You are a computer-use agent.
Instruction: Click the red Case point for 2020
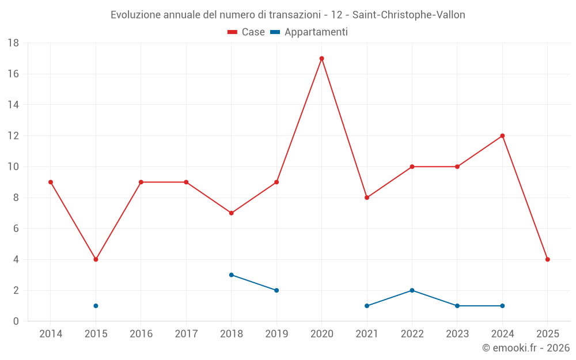click(x=321, y=58)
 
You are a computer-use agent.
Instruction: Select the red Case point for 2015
click(x=96, y=259)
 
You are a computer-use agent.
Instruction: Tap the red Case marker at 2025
click(x=547, y=259)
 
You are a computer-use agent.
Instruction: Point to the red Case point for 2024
click(x=502, y=136)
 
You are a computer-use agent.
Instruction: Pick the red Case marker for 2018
click(x=231, y=213)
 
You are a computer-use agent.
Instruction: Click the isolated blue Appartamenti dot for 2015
click(x=96, y=306)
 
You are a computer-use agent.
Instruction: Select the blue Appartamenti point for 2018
click(x=231, y=275)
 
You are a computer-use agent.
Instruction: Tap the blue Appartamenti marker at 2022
click(x=412, y=290)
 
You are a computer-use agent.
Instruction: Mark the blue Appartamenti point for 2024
click(x=502, y=306)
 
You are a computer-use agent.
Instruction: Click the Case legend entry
click(x=246, y=32)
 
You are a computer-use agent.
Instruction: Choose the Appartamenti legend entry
click(x=309, y=32)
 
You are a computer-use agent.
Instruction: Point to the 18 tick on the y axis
click(x=13, y=43)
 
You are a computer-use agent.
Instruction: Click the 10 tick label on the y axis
click(x=13, y=167)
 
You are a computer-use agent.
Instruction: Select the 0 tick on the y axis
click(x=16, y=321)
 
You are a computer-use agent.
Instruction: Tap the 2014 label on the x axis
click(x=51, y=334)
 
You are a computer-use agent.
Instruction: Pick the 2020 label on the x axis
click(x=321, y=334)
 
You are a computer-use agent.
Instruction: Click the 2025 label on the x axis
click(x=547, y=334)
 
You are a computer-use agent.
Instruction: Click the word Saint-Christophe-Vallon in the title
click(x=408, y=15)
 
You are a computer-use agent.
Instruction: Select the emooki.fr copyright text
click(x=526, y=348)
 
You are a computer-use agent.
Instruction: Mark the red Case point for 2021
click(x=367, y=198)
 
